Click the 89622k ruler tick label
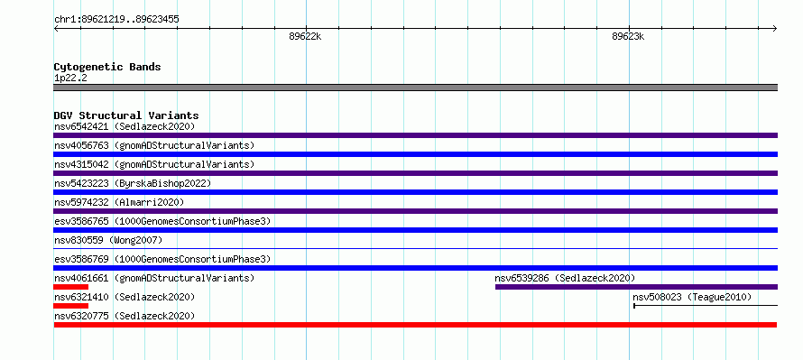click(305, 36)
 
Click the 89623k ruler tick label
click(628, 36)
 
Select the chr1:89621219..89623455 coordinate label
click(116, 20)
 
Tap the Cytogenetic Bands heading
click(107, 67)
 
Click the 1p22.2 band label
click(70, 78)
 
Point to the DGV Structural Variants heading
click(126, 115)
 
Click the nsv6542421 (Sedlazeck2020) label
click(125, 126)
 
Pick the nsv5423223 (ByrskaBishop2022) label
click(133, 183)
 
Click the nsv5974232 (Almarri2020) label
click(119, 202)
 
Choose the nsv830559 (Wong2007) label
click(108, 240)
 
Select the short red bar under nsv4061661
click(70, 287)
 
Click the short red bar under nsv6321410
click(70, 306)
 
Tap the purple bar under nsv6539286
click(637, 287)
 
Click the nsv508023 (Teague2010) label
click(692, 297)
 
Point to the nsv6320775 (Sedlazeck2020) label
click(125, 316)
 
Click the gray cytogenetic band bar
click(415, 88)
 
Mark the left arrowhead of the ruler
click(55, 29)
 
